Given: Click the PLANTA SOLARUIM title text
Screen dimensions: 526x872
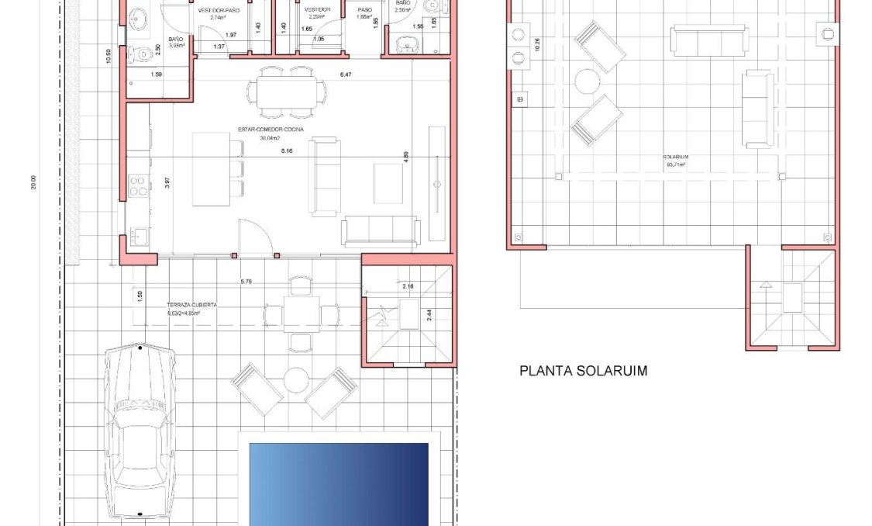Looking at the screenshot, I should [x=583, y=371].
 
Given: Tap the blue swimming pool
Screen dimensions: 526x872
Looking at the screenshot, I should [x=339, y=483].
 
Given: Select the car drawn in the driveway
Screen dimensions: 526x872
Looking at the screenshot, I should [x=140, y=431].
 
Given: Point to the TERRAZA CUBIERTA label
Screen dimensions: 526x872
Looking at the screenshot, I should [x=192, y=306].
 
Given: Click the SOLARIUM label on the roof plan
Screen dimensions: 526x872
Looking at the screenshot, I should [x=677, y=157].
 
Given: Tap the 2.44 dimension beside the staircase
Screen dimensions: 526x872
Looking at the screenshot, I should [x=429, y=315].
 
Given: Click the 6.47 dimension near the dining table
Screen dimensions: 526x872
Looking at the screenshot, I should [x=346, y=74].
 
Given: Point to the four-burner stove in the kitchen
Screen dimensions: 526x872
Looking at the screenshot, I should [x=138, y=186].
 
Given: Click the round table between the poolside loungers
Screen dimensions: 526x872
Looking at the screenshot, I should [x=295, y=380].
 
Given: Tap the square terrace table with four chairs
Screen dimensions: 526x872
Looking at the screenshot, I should [x=301, y=314].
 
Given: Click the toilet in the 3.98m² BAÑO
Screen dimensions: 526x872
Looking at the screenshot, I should [x=140, y=54].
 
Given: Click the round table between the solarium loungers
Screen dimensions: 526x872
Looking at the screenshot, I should [x=588, y=81].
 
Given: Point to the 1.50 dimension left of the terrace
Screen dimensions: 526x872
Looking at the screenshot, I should [x=140, y=296].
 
